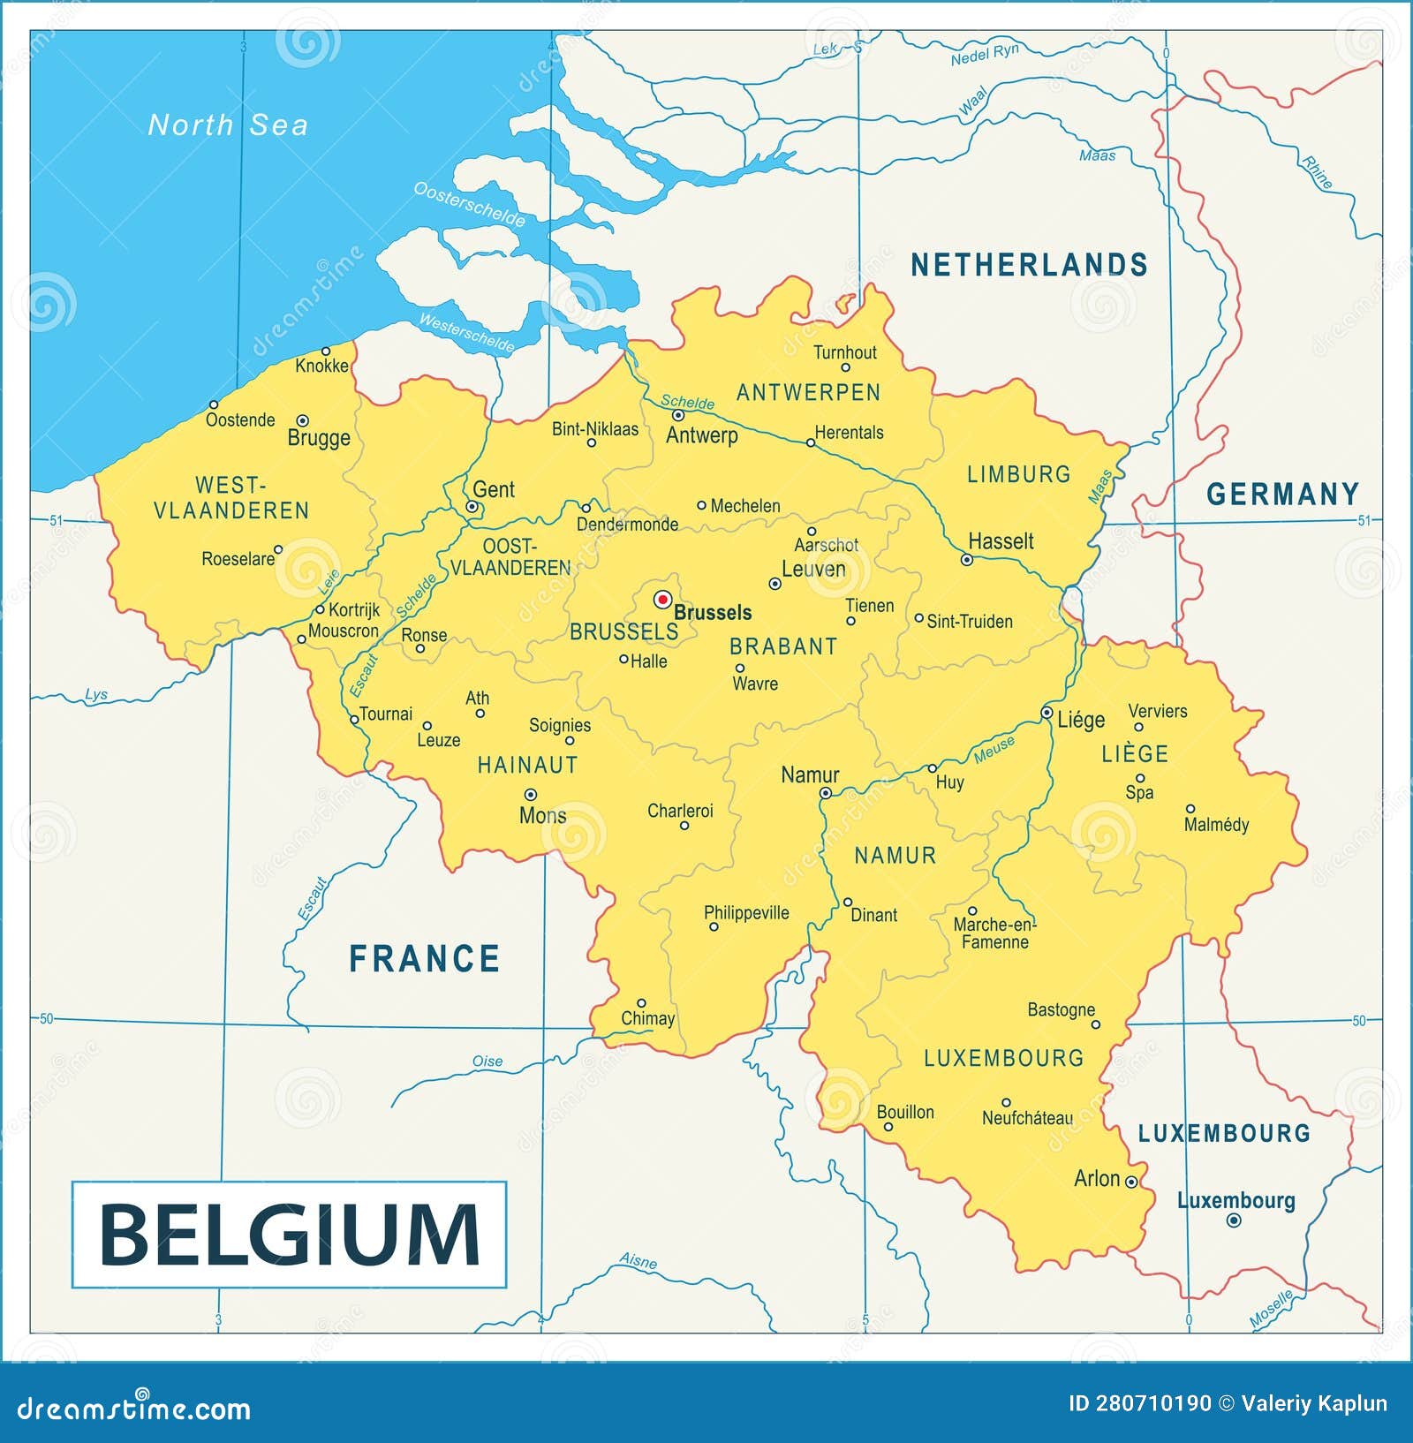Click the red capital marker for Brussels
coord(662,600)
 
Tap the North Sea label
coord(228,125)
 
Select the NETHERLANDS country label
coord(1029,265)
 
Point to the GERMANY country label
coord(1282,495)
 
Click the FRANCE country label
coord(425,959)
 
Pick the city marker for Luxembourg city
coord(1234,1220)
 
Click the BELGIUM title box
coord(289,1235)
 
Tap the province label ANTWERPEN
coord(808,393)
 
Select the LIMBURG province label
coord(1018,474)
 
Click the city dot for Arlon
coord(1131,1182)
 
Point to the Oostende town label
coord(240,420)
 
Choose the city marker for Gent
coord(472,507)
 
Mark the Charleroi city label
coord(680,811)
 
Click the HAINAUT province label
coord(527,766)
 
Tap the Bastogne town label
coord(1061,1009)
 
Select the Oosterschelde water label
coord(469,205)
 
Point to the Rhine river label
coord(1316,172)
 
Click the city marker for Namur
coord(825,793)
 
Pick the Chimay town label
coord(647,1018)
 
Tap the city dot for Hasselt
coord(966,560)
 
